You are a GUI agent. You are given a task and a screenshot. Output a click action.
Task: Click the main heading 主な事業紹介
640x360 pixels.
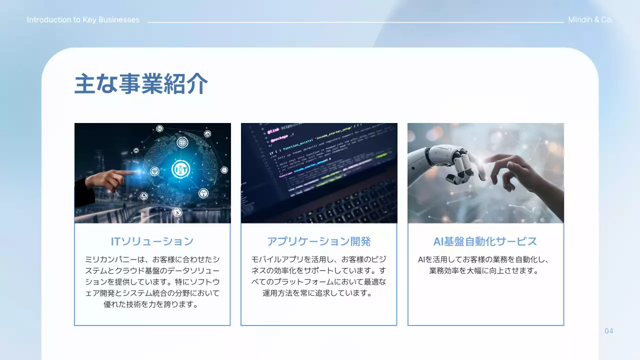pyautogui.click(x=141, y=84)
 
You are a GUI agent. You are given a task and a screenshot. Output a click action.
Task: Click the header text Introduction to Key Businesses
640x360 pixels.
pyautogui.click(x=83, y=20)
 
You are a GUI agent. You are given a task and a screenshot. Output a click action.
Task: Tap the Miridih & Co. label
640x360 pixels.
pyautogui.click(x=590, y=20)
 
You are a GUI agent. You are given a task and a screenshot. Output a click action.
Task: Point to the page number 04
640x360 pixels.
pyautogui.click(x=608, y=331)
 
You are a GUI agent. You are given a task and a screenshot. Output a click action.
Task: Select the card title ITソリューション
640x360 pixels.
pyautogui.click(x=152, y=241)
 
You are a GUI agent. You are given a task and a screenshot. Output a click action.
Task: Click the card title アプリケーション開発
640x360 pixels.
pyautogui.click(x=318, y=241)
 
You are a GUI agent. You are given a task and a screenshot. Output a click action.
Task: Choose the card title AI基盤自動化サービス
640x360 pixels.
pyautogui.click(x=485, y=241)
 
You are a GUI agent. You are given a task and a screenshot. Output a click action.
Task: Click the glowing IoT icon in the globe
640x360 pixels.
pyautogui.click(x=180, y=170)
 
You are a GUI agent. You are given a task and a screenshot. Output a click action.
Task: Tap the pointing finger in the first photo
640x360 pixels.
pyautogui.click(x=120, y=174)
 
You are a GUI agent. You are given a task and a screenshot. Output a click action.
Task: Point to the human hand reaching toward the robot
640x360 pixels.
pyautogui.click(x=515, y=172)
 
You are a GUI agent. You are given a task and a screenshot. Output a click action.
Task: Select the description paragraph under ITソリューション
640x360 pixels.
pyautogui.click(x=152, y=281)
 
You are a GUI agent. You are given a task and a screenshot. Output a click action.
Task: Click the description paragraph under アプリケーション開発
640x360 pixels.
pyautogui.click(x=318, y=276)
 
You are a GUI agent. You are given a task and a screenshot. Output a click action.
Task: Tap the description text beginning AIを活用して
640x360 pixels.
pyautogui.click(x=485, y=265)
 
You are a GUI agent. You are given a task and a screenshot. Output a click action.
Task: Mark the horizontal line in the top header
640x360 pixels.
pyautogui.click(x=355, y=22)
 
